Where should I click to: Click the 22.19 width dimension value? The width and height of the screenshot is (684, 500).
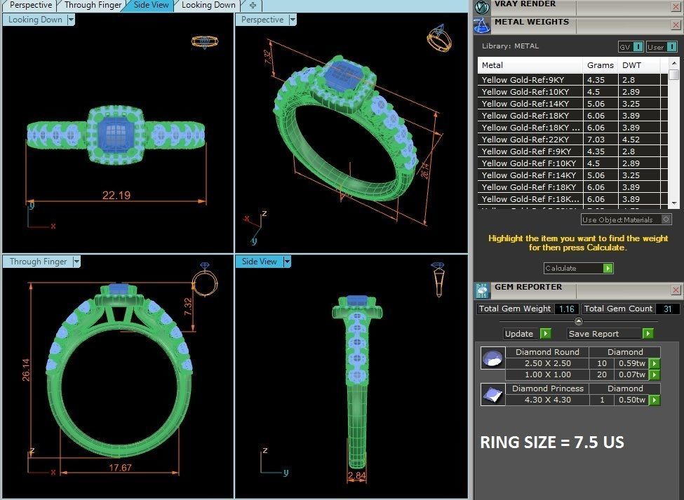(116, 195)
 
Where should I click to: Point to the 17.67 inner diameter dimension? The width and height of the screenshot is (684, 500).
(121, 467)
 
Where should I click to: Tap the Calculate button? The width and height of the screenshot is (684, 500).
(578, 268)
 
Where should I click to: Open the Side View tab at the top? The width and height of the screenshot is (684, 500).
(151, 5)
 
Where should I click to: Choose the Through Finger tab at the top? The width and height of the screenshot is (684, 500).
(93, 5)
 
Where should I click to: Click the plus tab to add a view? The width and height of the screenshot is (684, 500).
(253, 5)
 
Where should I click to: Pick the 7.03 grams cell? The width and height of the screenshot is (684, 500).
(596, 140)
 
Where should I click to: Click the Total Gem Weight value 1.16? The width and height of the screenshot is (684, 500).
(566, 309)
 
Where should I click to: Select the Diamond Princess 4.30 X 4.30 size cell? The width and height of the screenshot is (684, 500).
(548, 400)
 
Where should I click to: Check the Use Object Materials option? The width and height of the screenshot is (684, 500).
(666, 219)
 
